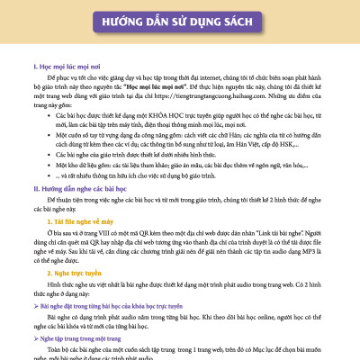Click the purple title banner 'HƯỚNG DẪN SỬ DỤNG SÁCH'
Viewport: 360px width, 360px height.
180,22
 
